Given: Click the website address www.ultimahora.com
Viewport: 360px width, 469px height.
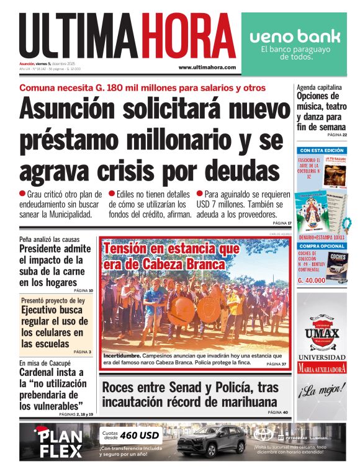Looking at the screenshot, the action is tap(207, 67).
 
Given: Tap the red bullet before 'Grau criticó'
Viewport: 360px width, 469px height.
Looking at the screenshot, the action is tap(22, 194).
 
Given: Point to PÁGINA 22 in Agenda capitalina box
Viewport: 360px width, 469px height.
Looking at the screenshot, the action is tap(337, 135).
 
